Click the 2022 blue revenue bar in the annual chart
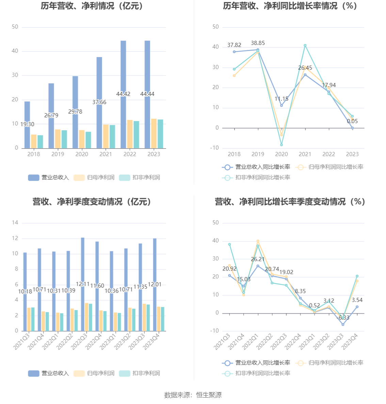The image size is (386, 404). point(123,94)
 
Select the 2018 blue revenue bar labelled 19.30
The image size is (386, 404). point(27,125)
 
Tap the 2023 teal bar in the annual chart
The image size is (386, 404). point(160,134)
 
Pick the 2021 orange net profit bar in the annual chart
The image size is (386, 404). point(106,137)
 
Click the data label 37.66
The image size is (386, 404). point(99,102)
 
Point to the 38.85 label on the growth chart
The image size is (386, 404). point(258,43)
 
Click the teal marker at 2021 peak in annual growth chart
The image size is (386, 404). point(305,46)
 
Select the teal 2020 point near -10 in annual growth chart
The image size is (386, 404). point(281,145)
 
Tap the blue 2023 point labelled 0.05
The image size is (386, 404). point(352,128)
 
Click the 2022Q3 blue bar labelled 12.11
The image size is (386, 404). point(82,284)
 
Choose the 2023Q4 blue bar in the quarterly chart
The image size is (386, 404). point(155,285)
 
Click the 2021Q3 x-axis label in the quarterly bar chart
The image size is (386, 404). point(21,342)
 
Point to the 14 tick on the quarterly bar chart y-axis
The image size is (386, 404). point(15,223)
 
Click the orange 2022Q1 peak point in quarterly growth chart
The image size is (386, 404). point(258,241)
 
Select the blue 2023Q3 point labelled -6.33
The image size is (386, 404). point(343,325)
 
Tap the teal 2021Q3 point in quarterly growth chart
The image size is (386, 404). point(229,245)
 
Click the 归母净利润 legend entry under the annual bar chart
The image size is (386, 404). point(94,178)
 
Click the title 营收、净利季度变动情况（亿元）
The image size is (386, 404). point(92,202)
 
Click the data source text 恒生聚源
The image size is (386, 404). point(209,395)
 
